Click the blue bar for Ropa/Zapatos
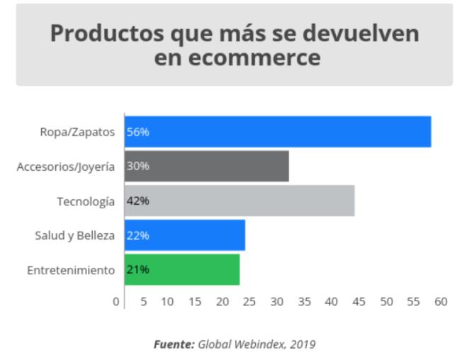278,131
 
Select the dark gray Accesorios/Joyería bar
207,166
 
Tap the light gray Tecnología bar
240,201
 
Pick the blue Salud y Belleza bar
185,235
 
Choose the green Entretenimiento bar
182,270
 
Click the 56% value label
137,132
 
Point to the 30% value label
137,166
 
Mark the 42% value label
137,201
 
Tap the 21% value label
137,270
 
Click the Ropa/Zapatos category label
78,132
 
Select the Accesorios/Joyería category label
65,167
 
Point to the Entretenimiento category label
70,271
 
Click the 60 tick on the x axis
441,302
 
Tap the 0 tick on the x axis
116,302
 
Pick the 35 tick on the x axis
304,302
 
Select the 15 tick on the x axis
194,302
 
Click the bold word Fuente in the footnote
174,344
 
